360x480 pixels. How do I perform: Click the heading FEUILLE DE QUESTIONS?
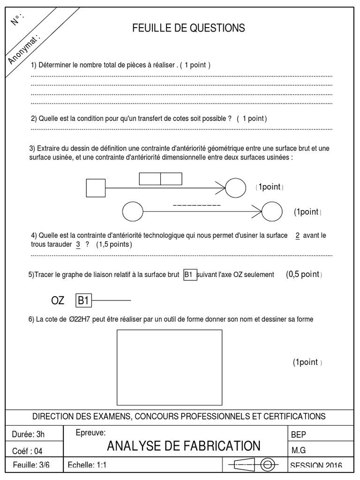click(x=189, y=29)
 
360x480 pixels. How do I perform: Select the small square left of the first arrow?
click(x=96, y=187)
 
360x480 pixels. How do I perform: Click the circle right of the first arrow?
click(x=235, y=187)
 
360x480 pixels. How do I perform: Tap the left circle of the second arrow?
click(x=132, y=211)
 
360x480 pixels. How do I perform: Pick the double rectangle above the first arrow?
click(x=160, y=179)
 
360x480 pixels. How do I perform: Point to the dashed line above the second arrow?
click(x=197, y=206)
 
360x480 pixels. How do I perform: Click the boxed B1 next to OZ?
click(x=83, y=300)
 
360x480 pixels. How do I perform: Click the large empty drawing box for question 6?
click(x=169, y=367)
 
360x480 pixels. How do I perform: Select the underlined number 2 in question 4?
click(x=297, y=235)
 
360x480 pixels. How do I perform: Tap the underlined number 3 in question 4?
click(x=78, y=245)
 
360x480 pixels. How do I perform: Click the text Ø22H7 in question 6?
click(x=76, y=320)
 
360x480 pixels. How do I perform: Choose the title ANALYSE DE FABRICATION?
click(x=183, y=446)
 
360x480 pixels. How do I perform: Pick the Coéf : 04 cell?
click(x=28, y=451)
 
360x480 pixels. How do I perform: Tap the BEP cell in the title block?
click(x=299, y=435)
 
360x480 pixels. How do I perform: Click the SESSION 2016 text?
click(x=316, y=465)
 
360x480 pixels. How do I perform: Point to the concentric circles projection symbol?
click(x=268, y=465)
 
